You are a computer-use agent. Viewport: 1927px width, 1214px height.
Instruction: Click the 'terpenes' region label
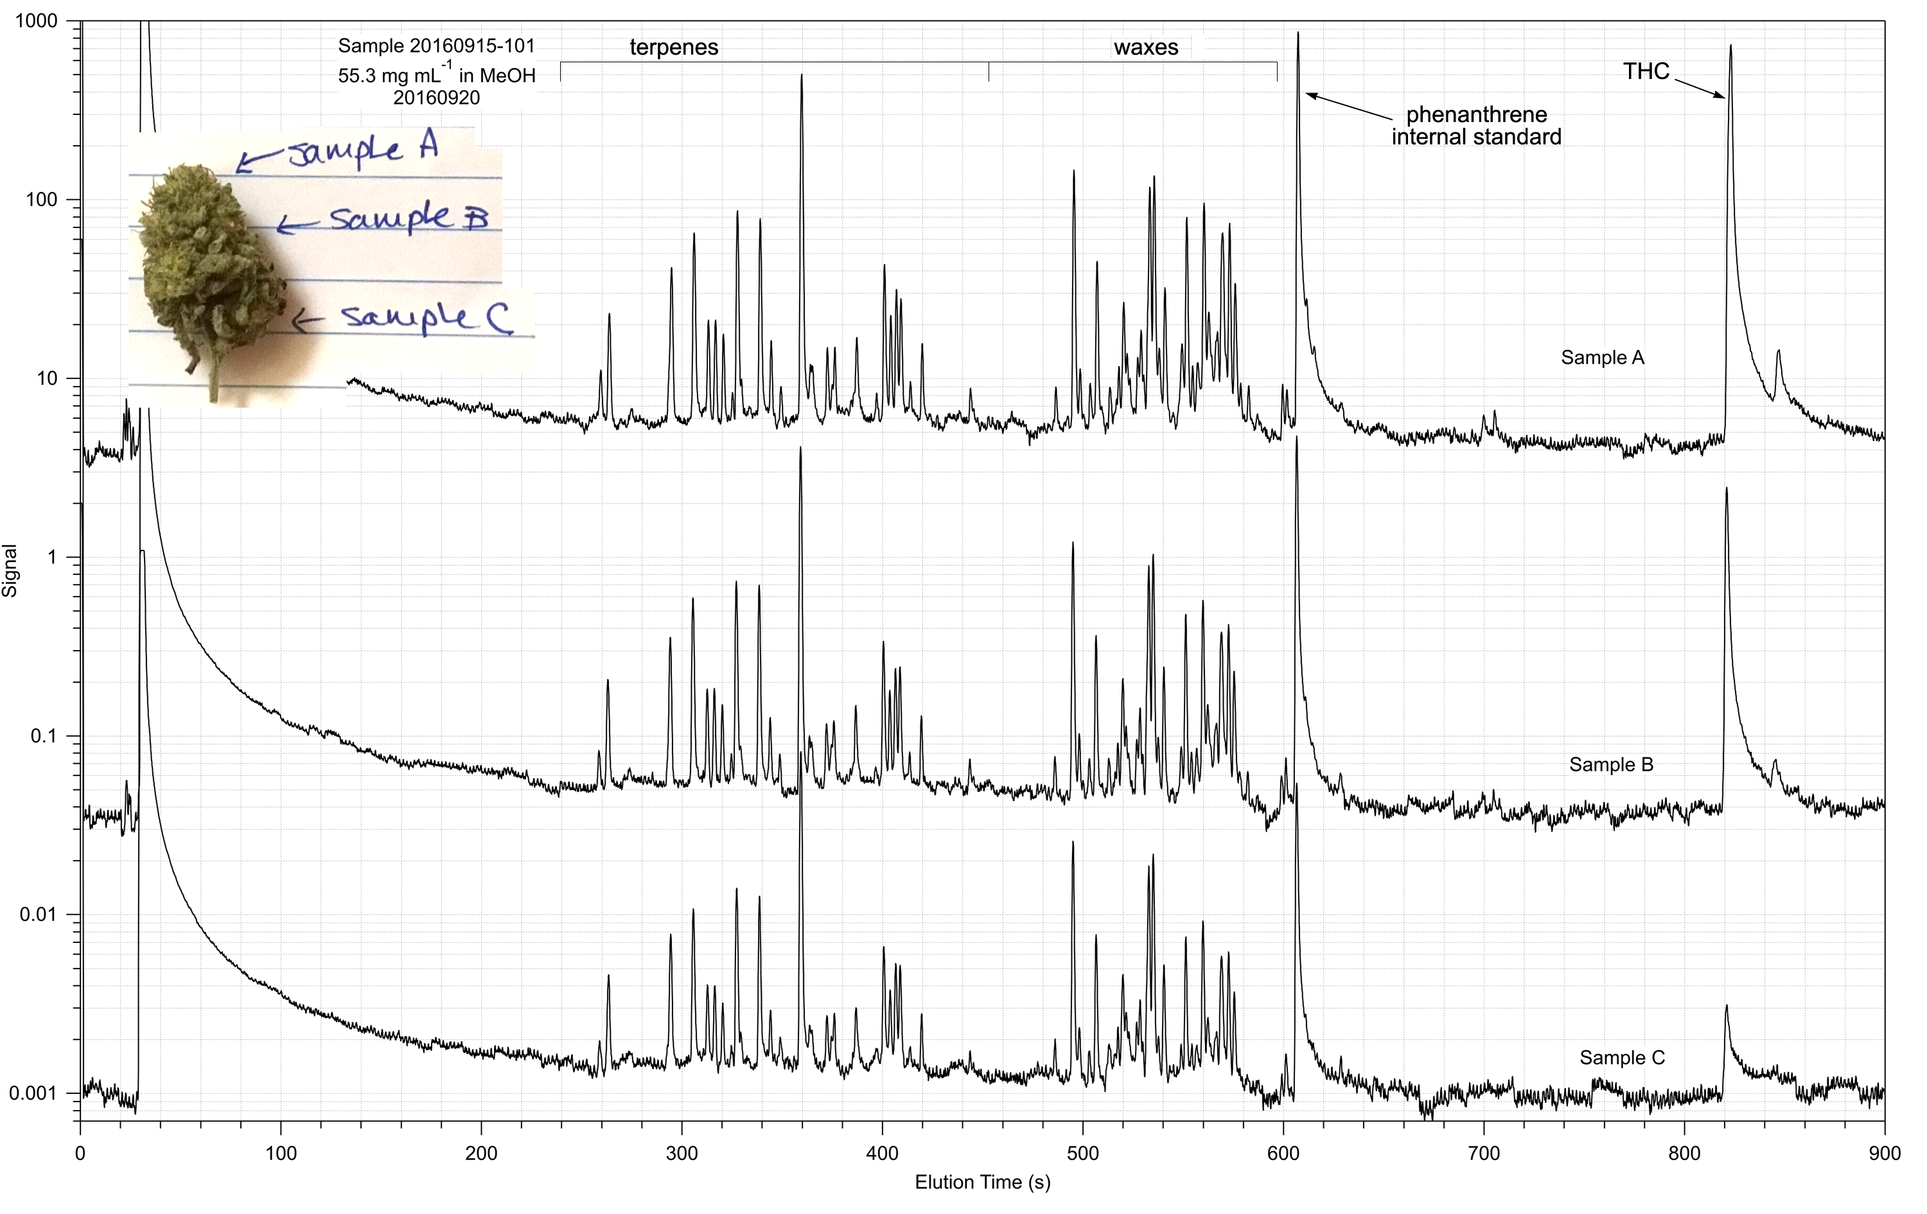[x=674, y=48]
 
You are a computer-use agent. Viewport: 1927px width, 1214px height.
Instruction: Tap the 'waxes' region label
[x=1145, y=48]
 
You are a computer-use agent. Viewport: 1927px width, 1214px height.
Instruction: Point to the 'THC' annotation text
[x=1646, y=71]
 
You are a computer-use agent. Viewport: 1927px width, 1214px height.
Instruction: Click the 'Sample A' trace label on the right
[x=1602, y=358]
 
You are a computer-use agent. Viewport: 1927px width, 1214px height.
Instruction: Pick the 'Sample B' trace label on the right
[x=1611, y=764]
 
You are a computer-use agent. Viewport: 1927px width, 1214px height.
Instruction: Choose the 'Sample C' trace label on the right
[x=1622, y=1057]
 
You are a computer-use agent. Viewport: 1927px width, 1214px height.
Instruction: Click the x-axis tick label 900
[x=1884, y=1153]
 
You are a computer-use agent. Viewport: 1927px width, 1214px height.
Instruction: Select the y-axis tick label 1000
[x=37, y=21]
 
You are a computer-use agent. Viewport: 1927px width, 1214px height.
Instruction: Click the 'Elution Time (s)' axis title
[x=982, y=1182]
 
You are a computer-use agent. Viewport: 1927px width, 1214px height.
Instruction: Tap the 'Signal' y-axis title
[x=10, y=570]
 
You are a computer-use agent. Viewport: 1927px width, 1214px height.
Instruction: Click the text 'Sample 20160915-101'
[x=436, y=46]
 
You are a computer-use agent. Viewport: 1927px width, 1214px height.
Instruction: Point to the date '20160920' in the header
[x=436, y=98]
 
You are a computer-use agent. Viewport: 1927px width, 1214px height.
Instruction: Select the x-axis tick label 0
[x=80, y=1153]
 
